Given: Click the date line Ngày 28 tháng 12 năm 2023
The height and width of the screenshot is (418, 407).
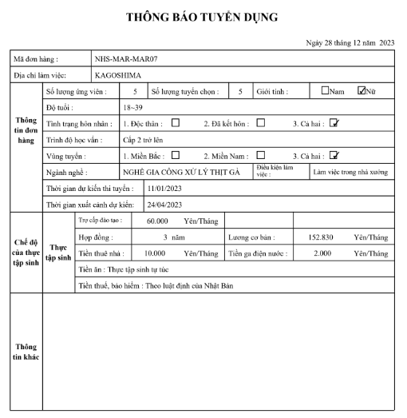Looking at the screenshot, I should click(350, 42).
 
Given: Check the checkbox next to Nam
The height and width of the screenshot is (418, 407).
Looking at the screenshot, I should click(325, 91).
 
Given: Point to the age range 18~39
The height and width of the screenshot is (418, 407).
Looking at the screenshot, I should click(132, 107).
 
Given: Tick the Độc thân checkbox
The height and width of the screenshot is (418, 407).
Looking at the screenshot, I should click(174, 123).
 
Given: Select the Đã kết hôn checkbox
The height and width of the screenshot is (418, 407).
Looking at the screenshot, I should click(261, 123).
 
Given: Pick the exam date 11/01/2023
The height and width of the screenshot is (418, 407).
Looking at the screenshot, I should click(164, 189).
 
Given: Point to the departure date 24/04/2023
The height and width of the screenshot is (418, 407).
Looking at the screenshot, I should click(164, 205).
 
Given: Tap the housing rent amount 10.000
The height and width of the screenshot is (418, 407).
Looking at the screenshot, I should click(154, 253).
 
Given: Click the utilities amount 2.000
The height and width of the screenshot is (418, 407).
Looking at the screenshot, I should click(322, 253).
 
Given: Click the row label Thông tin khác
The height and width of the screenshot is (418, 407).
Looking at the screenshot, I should click(26, 352).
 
